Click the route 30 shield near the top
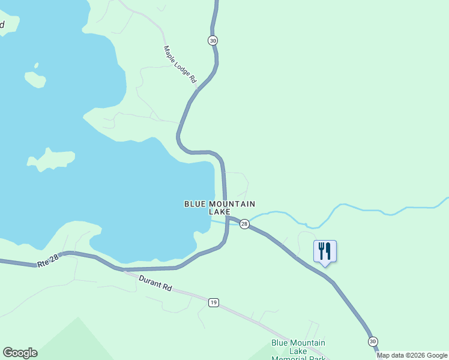click(213, 40)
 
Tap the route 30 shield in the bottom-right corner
click(373, 341)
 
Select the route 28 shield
click(244, 224)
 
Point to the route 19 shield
click(214, 302)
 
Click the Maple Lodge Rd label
click(180, 64)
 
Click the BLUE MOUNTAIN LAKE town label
click(220, 208)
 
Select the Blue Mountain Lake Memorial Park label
click(298, 350)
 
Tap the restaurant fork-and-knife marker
click(325, 251)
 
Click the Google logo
click(20, 353)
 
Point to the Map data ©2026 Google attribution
click(412, 355)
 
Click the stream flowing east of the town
click(360, 211)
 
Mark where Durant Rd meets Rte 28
click(123, 269)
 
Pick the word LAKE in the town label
click(220, 212)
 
